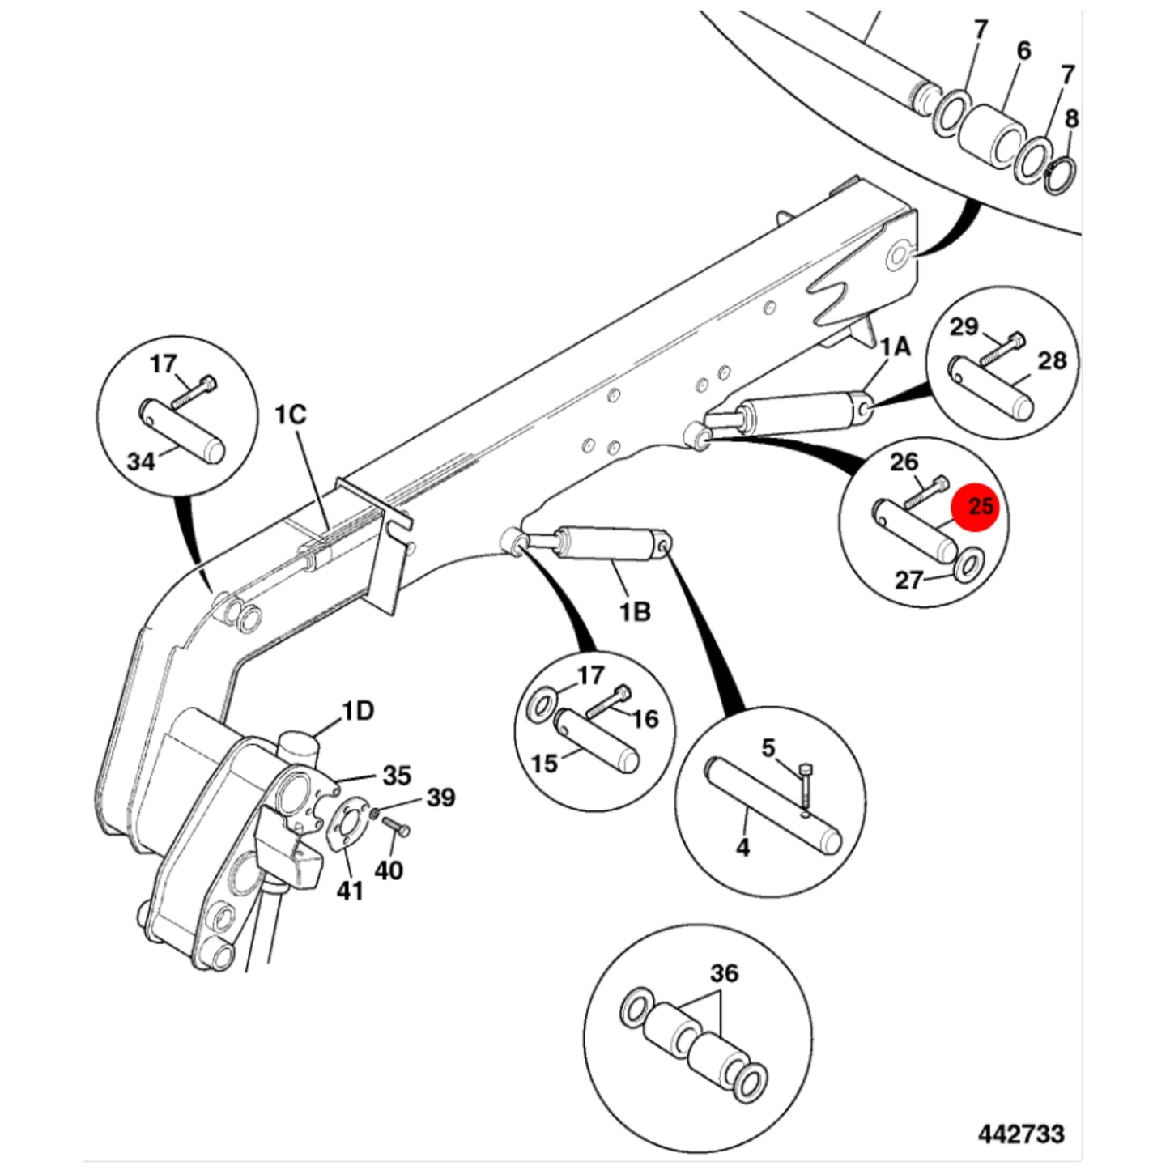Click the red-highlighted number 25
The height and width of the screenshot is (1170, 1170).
tap(981, 505)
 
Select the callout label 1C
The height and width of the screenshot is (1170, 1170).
tap(290, 415)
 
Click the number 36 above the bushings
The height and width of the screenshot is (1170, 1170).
tap(724, 973)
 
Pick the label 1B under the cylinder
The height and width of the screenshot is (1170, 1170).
tap(635, 611)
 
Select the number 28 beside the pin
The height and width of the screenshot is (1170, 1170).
tap(1053, 360)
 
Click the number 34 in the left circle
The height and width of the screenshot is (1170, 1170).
tap(141, 462)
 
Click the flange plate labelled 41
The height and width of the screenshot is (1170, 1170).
tap(347, 826)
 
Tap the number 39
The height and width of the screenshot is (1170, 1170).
tap(440, 798)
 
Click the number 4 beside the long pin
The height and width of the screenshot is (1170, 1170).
tap(742, 848)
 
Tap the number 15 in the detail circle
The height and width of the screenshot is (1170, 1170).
tap(544, 764)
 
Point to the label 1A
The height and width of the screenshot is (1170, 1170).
tap(896, 347)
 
